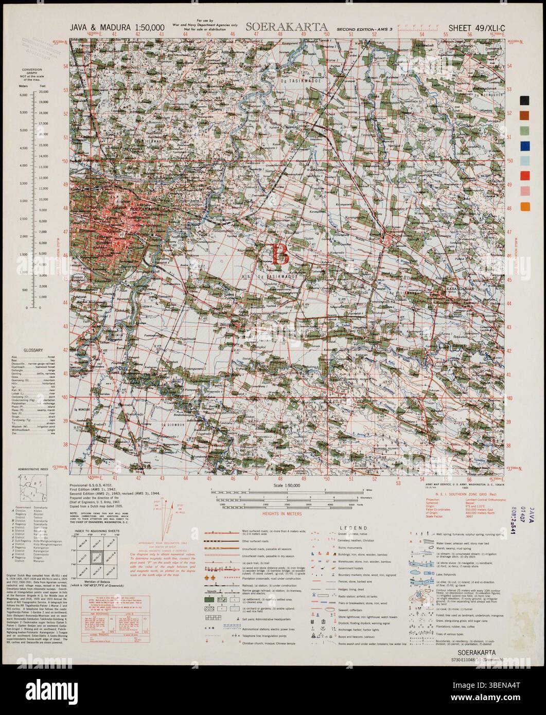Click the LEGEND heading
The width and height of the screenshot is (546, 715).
click(x=353, y=528)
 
